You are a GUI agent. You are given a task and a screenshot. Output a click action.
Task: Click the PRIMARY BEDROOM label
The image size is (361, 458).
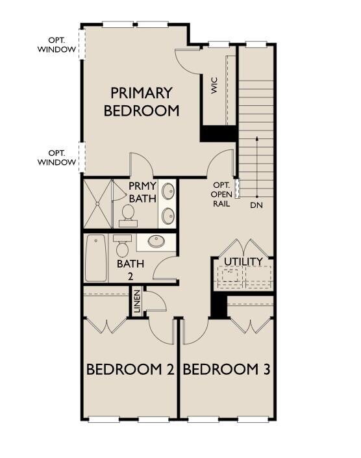pyautogui.click(x=141, y=101)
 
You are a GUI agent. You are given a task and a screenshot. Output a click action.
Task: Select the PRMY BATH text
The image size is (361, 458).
pyautogui.click(x=142, y=192)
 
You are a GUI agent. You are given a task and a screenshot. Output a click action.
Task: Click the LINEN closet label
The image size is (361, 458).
pyautogui.click(x=137, y=302)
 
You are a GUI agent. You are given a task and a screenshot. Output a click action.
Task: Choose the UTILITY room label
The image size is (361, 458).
pyautogui.click(x=243, y=262)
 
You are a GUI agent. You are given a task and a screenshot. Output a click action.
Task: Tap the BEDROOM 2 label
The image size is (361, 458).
pyautogui.click(x=131, y=370)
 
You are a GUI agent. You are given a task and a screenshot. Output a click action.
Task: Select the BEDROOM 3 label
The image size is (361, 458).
pyautogui.click(x=227, y=370)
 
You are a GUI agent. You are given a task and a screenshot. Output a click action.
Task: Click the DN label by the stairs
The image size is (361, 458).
pyautogui.click(x=256, y=205)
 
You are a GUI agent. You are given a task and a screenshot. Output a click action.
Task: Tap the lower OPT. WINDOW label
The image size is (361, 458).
pyautogui.click(x=56, y=157)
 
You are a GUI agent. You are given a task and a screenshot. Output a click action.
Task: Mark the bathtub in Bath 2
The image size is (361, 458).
pyautogui.click(x=96, y=258)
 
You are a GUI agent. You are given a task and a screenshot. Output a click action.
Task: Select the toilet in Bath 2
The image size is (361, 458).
pyautogui.click(x=121, y=247)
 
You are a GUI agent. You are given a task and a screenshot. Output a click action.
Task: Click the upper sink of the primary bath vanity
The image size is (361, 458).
pyautogui.click(x=168, y=191)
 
